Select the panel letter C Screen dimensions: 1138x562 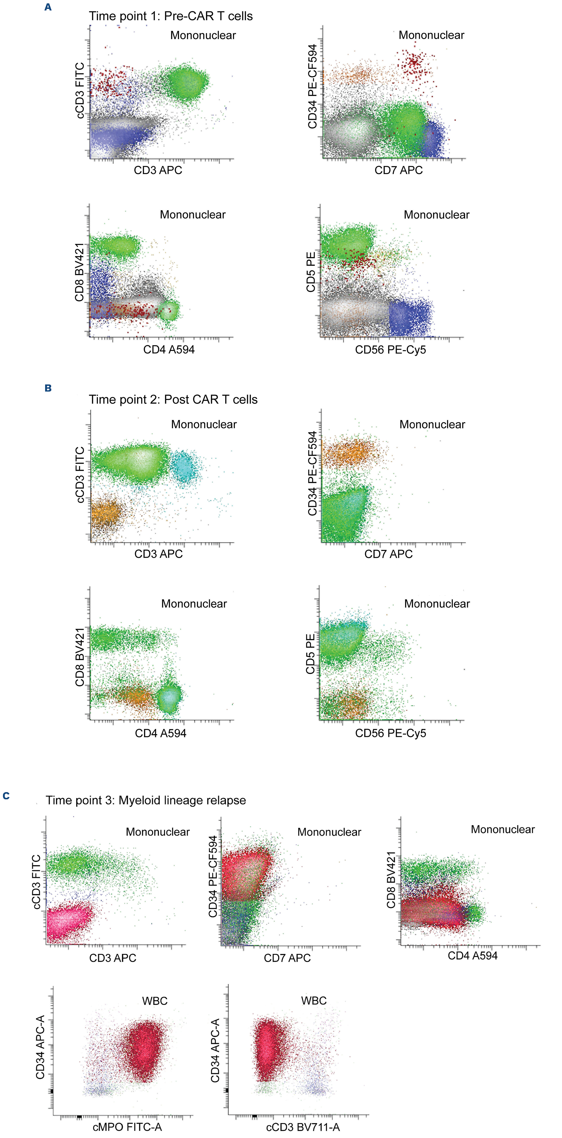click(x=6, y=796)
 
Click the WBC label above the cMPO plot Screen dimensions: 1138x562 click(x=155, y=1001)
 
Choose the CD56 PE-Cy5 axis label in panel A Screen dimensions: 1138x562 click(x=390, y=350)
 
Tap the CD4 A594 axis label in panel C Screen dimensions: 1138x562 click(x=472, y=956)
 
